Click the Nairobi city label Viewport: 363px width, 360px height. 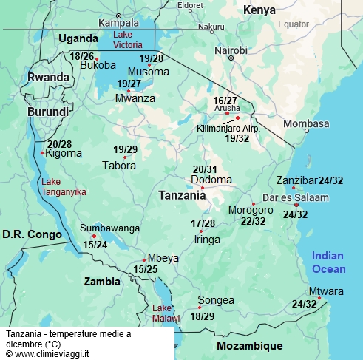pos(231,50)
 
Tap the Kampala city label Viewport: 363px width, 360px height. pos(118,23)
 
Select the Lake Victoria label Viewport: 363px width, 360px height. pos(134,39)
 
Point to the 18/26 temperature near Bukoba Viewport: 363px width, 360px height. pos(81,56)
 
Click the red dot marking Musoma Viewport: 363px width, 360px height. pos(149,65)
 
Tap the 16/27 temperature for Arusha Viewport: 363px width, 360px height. pos(225,100)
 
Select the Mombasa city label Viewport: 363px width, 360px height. pos(306,123)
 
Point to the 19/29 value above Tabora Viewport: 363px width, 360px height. pos(125,149)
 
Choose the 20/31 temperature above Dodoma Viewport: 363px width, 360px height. pos(205,169)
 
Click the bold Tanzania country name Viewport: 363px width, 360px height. pos(182,196)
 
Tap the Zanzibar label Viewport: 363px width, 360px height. pos(295,180)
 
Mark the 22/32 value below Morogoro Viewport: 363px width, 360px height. pos(253,220)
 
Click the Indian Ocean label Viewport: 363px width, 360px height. pos(328,262)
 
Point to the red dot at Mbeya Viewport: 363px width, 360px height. pos(144,259)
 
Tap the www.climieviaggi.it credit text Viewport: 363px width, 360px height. pos(47,354)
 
